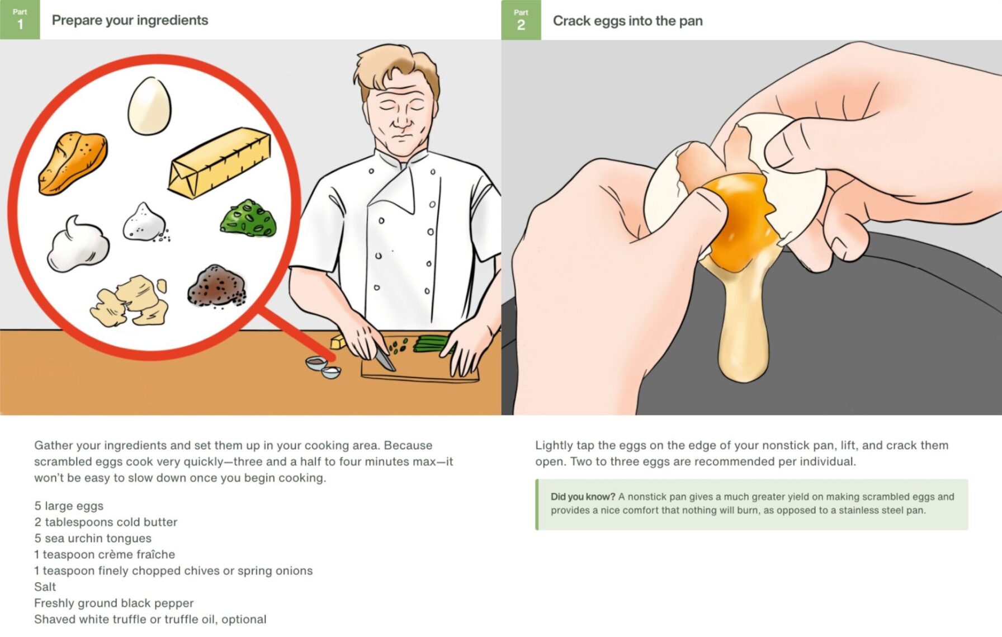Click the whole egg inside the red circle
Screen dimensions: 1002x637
coord(149,106)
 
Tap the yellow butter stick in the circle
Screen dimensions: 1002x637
coord(220,163)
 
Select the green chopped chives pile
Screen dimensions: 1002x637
coord(248,218)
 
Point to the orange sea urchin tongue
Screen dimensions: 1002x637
coord(73,163)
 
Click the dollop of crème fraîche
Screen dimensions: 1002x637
coord(78,244)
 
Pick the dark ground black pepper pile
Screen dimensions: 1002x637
coord(216,286)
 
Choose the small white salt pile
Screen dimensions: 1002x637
coord(145,223)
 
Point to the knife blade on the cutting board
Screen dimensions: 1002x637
coord(385,358)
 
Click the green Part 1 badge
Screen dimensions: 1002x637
coord(20,20)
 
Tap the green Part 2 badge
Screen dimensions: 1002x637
coord(521,20)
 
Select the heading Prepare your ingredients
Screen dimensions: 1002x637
coord(130,20)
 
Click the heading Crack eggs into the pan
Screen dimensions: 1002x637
coord(627,21)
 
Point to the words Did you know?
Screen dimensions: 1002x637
coord(583,497)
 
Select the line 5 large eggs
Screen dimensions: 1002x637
coord(69,506)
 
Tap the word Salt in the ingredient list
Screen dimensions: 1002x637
coord(45,587)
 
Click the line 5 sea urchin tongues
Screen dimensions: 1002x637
coord(93,538)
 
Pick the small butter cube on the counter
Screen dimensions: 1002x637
coord(338,341)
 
